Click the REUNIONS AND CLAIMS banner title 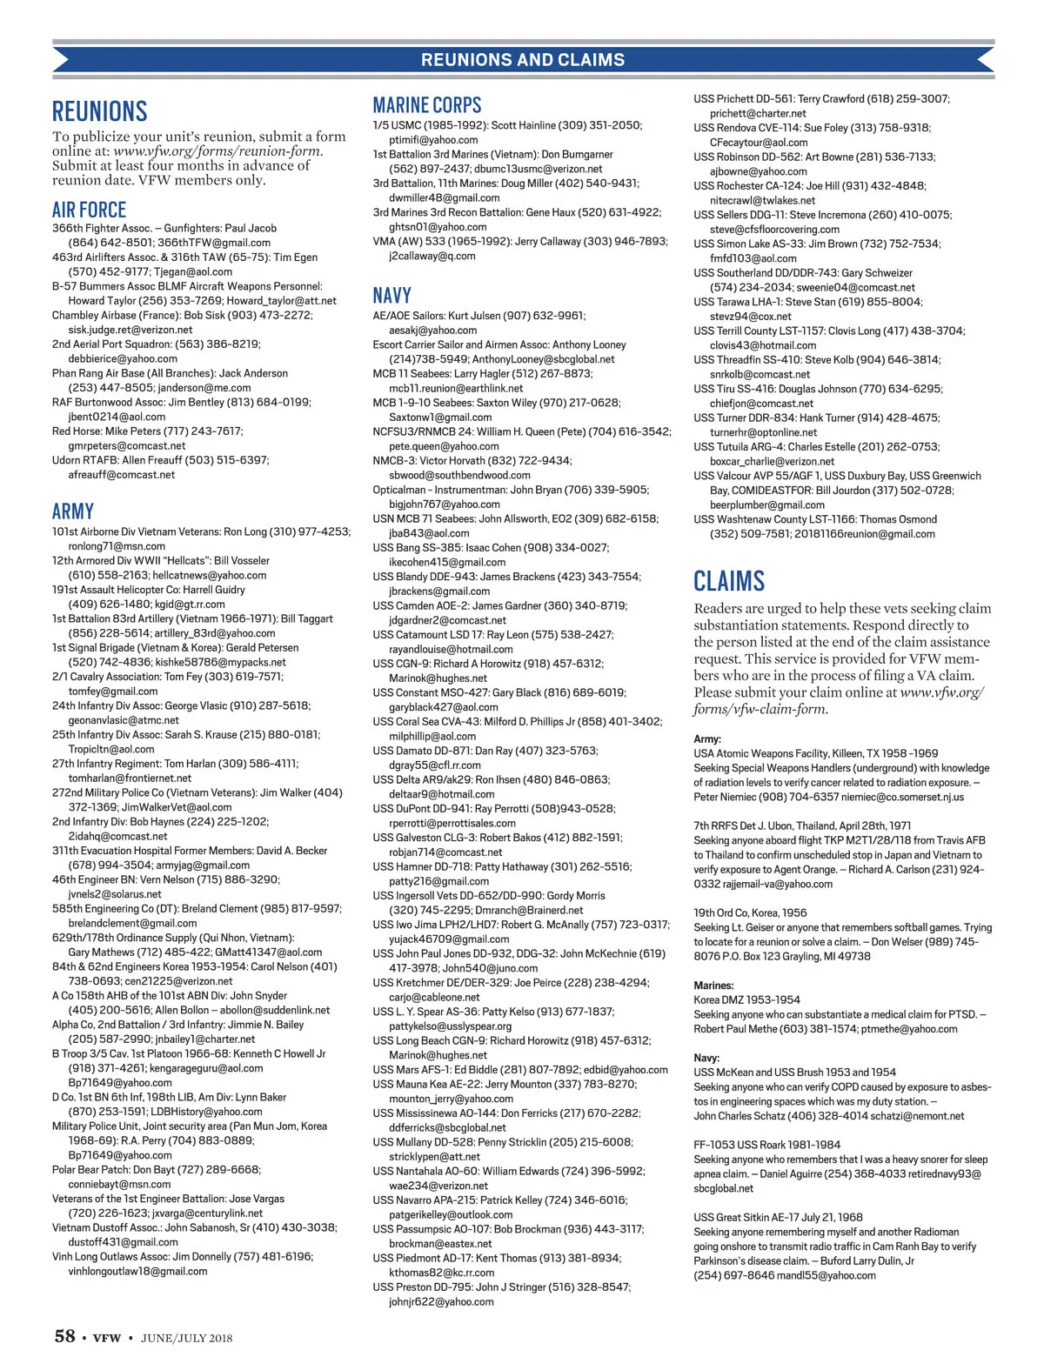523,60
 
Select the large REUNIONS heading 100,111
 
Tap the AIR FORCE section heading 89,210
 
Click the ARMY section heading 73,511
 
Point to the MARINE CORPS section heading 427,105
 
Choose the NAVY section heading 392,296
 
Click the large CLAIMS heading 729,581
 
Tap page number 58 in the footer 65,1336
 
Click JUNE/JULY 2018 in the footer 187,1338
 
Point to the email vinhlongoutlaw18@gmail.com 138,1271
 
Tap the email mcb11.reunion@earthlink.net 456,388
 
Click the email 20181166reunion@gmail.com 865,534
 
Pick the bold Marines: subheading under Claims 713,986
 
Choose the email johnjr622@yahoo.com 441,1301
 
